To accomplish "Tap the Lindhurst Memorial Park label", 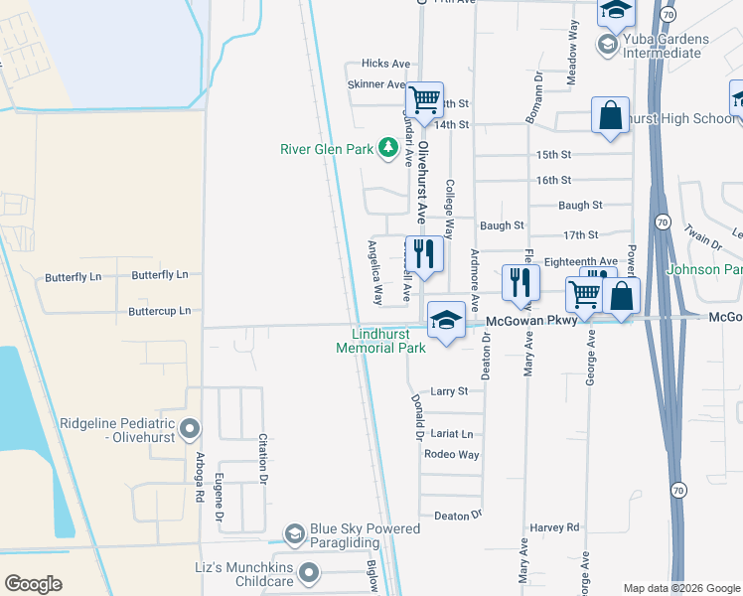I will pos(380,341).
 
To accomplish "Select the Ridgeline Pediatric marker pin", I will pos(190,430).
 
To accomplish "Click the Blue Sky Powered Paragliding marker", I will pos(294,535).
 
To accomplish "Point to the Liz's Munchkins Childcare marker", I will pos(309,571).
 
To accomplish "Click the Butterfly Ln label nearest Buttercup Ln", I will pos(160,274).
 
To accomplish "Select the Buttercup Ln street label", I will pos(159,311).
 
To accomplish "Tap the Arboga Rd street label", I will pos(200,477).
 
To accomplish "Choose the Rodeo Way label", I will pos(451,455).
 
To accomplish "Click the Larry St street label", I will pos(449,391).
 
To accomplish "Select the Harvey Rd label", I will pos(554,527).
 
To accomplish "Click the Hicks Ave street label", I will pos(386,63).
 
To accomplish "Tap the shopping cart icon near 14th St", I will pos(424,99).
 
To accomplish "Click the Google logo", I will pos(34,584).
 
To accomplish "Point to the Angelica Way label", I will pos(375,271).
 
